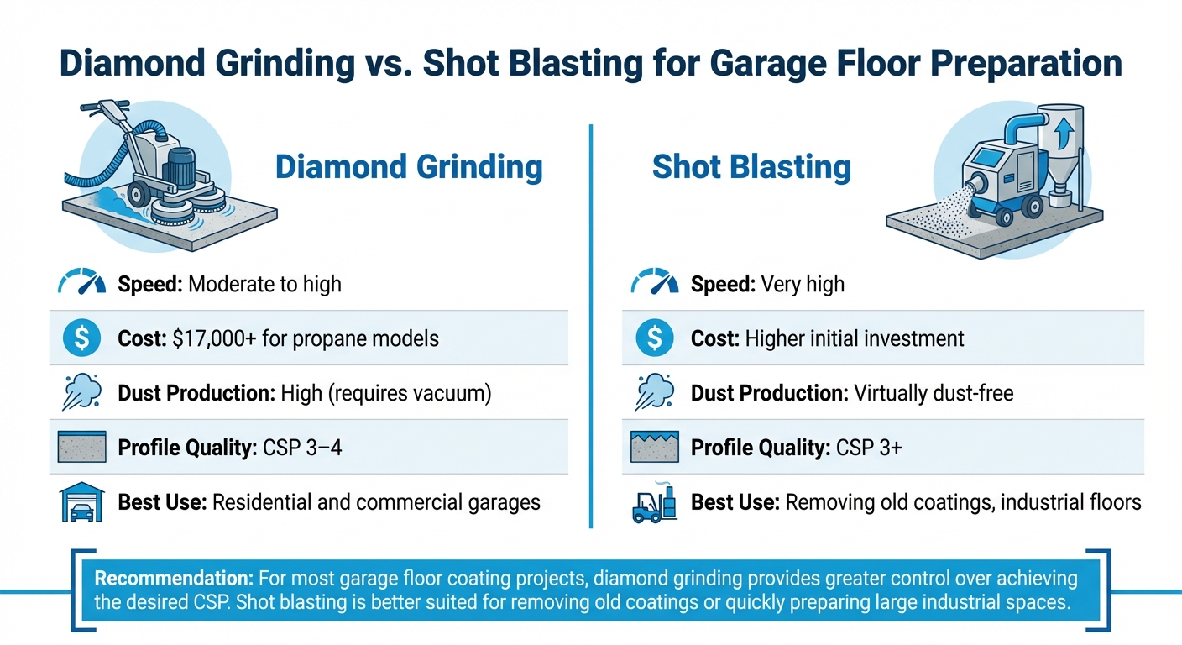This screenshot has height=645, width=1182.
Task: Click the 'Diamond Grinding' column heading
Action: click(x=409, y=167)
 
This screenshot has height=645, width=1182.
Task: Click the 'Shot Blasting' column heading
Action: click(x=751, y=167)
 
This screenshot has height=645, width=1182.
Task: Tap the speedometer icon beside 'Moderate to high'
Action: click(x=81, y=283)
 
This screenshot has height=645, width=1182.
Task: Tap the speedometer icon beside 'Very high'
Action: click(x=654, y=283)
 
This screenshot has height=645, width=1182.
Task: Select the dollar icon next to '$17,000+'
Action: click(x=81, y=338)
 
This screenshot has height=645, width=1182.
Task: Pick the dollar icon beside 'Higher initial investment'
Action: click(x=654, y=338)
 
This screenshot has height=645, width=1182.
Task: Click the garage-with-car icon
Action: click(x=81, y=502)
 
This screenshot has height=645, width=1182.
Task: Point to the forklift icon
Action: click(x=654, y=502)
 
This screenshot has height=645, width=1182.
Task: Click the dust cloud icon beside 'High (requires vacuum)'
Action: click(x=81, y=392)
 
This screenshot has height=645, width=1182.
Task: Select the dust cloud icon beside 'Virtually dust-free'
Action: click(x=654, y=392)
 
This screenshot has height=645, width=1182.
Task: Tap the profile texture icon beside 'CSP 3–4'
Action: click(x=81, y=447)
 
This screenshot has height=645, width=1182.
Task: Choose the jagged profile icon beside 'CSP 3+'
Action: click(x=654, y=447)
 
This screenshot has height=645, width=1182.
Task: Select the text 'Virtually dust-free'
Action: click(x=934, y=393)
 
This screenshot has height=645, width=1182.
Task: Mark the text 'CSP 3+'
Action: click(x=869, y=448)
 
